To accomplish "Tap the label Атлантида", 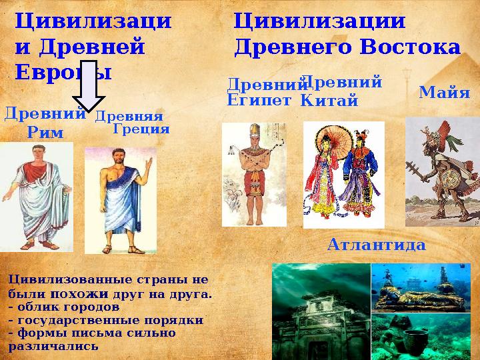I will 376,245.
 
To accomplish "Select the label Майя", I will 445,93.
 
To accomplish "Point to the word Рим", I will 45,133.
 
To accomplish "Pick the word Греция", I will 141,129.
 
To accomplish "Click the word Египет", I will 259,101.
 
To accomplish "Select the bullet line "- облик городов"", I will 63,307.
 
